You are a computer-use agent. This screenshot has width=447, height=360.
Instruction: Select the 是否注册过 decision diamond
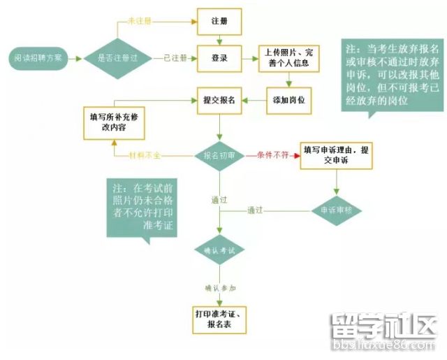coord(117,57)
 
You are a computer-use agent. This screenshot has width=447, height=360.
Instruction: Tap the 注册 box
coord(220,22)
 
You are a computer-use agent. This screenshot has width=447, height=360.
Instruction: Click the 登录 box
coord(220,57)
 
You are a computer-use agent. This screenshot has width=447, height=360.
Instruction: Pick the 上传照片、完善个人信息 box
coord(289,58)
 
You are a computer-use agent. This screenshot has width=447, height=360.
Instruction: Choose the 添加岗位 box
coord(289,100)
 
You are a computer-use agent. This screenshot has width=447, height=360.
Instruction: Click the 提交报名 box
coord(220,100)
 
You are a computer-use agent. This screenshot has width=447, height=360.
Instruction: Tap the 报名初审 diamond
coord(219,154)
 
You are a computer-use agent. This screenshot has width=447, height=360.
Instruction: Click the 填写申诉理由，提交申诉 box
coord(336,155)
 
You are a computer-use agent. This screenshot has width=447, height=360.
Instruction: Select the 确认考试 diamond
coord(219,250)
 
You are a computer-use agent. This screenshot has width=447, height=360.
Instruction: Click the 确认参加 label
coord(220,287)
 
